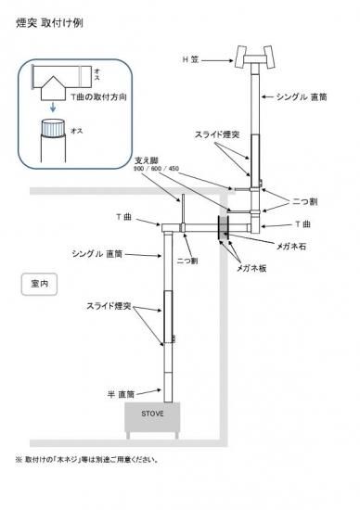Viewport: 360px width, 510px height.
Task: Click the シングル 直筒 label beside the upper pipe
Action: (301, 96)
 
